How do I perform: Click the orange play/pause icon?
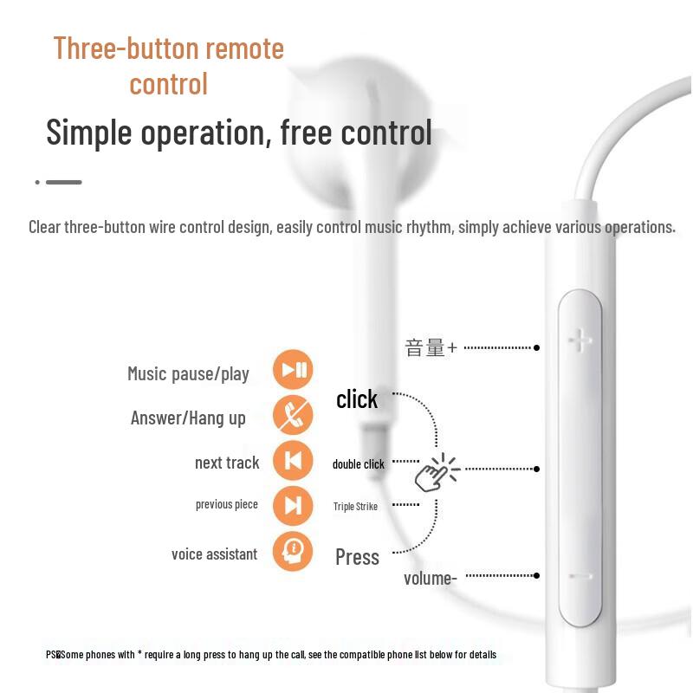pyautogui.click(x=293, y=371)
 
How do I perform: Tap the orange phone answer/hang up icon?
pyautogui.click(x=293, y=416)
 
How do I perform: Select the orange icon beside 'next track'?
pyautogui.click(x=293, y=461)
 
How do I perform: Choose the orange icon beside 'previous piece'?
pyautogui.click(x=293, y=505)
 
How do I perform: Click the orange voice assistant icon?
pyautogui.click(x=293, y=550)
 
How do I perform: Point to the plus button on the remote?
pyautogui.click(x=580, y=340)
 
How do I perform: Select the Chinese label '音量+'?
pyautogui.click(x=431, y=348)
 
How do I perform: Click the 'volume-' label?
pyautogui.click(x=430, y=578)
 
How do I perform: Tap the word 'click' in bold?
pyautogui.click(x=357, y=399)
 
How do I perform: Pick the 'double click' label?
pyautogui.click(x=359, y=464)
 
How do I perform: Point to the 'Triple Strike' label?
pyautogui.click(x=355, y=507)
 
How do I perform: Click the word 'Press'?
pyautogui.click(x=357, y=557)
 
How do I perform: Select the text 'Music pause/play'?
pyautogui.click(x=188, y=374)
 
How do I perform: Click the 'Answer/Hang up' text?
pyautogui.click(x=188, y=418)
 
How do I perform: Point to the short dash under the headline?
pyautogui.click(x=63, y=182)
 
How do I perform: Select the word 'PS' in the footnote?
pyautogui.click(x=51, y=655)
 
